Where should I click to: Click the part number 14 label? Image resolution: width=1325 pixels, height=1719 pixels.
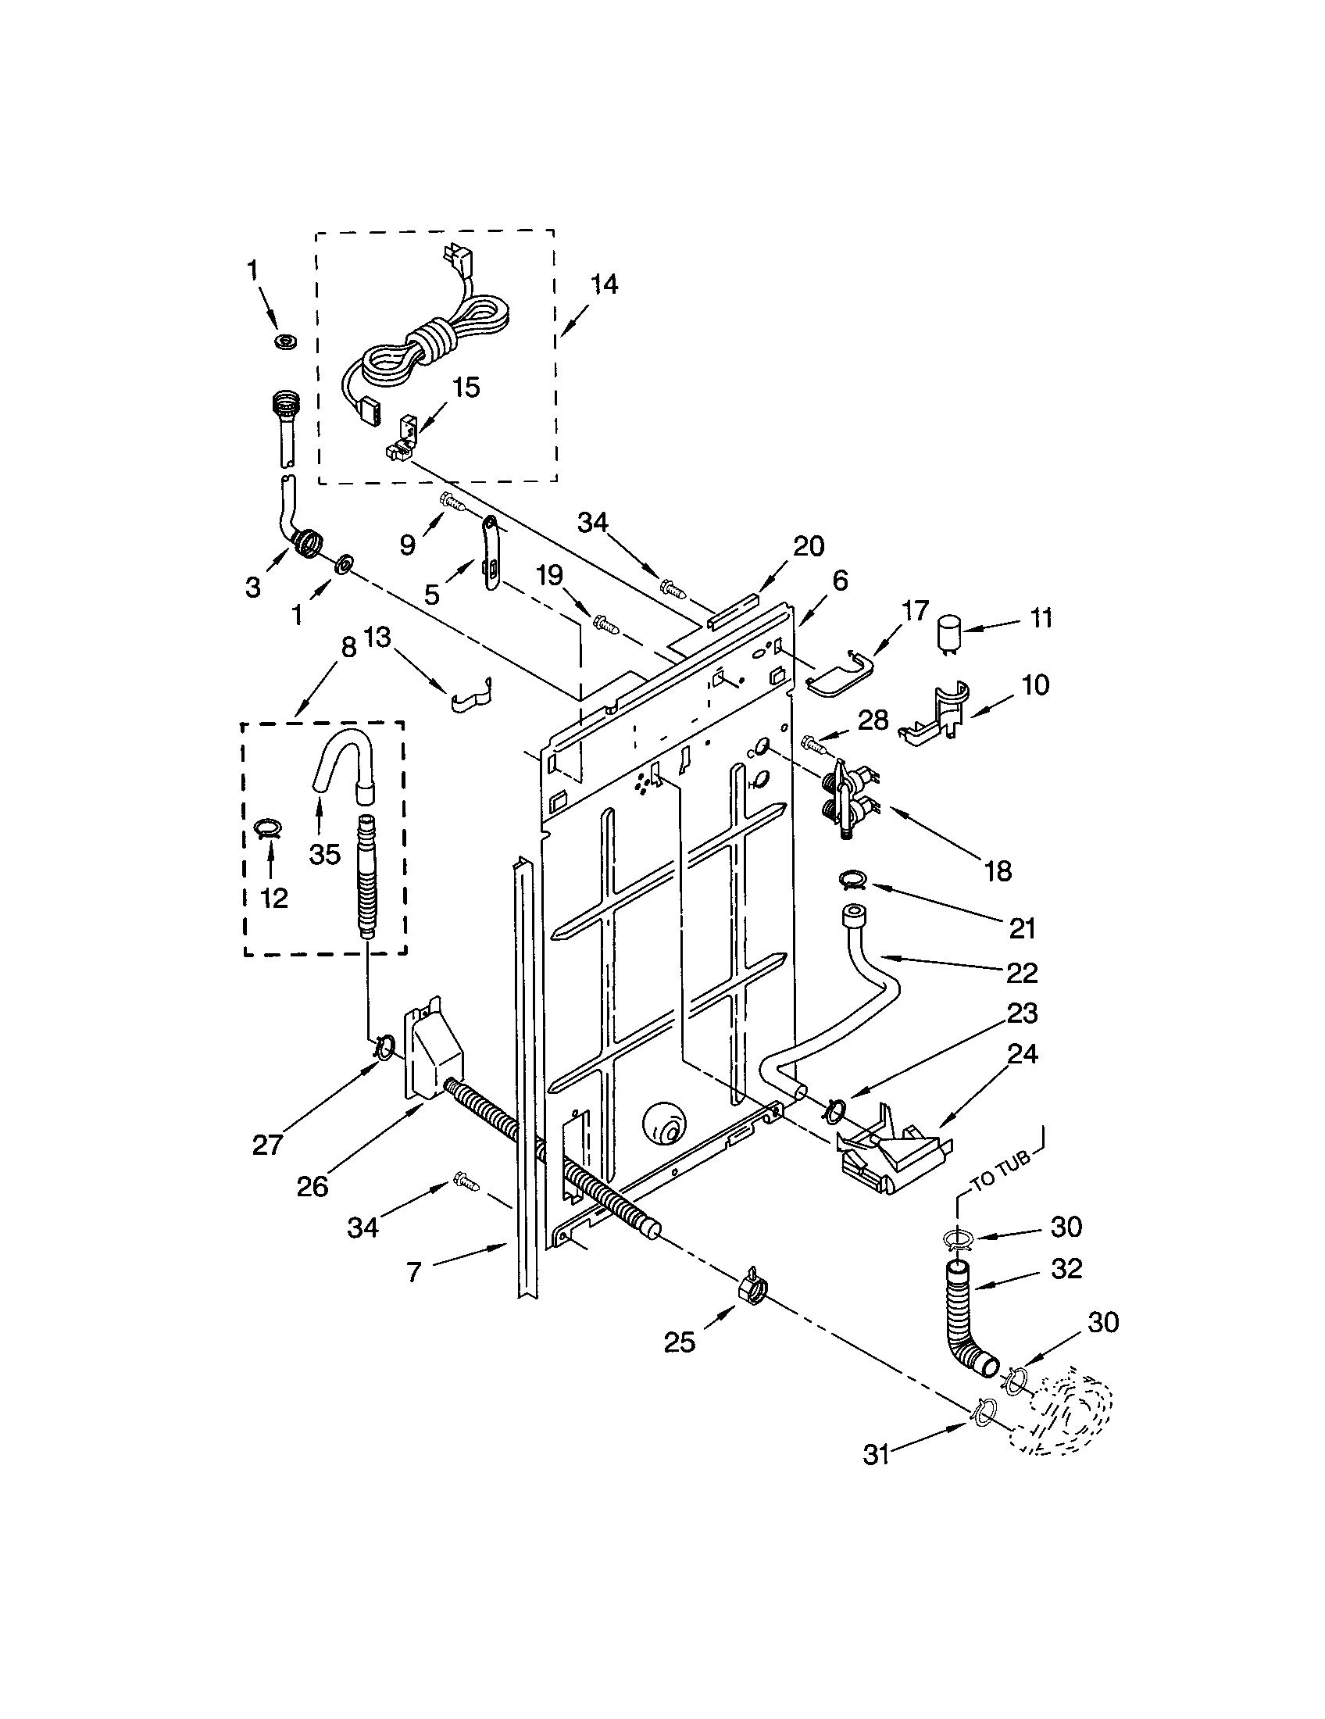point(603,284)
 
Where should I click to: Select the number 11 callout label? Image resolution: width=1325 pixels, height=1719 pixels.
point(1041,619)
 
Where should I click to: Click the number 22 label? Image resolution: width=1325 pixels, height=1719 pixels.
point(1022,974)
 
